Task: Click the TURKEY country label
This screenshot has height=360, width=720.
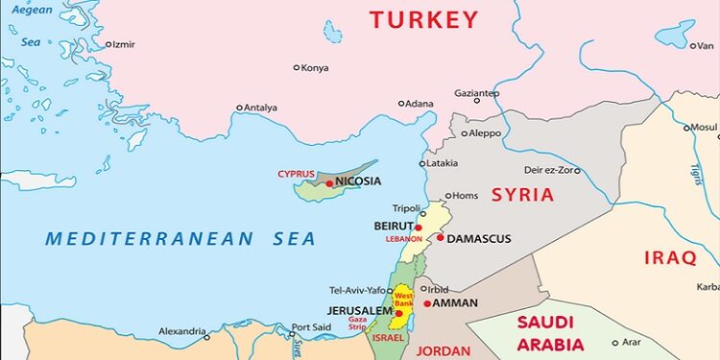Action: [423, 19]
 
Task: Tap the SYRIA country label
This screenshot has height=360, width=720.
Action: [522, 195]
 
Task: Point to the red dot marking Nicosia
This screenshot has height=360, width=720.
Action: [329, 182]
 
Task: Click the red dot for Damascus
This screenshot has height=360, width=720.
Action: [441, 238]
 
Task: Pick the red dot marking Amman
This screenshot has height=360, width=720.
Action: [427, 303]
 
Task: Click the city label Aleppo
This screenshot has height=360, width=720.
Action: [485, 132]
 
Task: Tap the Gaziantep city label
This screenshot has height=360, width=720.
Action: [476, 93]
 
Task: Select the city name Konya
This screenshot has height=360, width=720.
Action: [315, 67]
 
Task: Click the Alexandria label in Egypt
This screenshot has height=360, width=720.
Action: [182, 330]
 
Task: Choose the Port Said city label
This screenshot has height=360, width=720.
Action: [311, 327]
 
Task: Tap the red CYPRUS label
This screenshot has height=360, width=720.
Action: [296, 174]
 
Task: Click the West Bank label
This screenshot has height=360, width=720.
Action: [404, 300]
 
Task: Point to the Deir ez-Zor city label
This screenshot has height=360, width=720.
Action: [551, 170]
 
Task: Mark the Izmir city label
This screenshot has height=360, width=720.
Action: [123, 44]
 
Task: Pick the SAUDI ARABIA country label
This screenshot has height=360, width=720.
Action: [550, 333]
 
